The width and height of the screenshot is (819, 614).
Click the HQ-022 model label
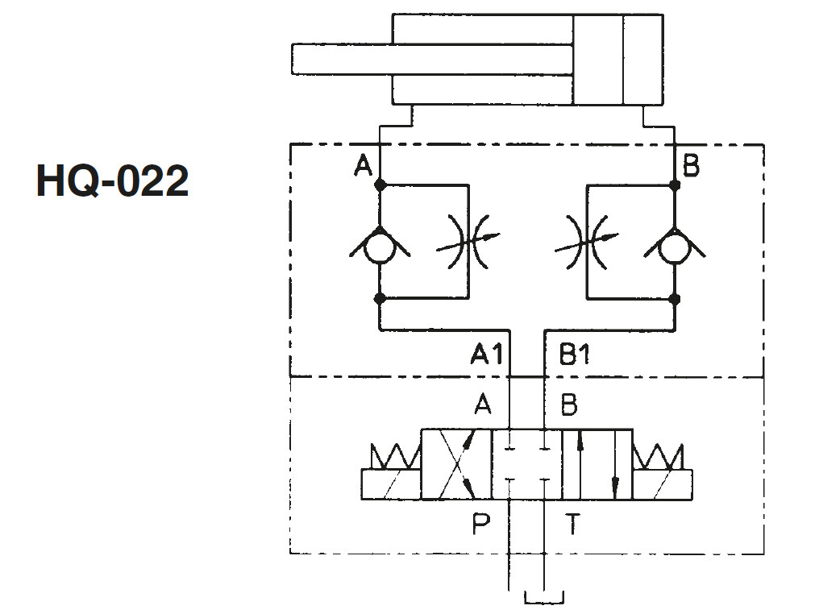112,180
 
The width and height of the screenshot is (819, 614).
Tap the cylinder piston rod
433,59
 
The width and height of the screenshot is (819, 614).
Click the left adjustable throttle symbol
468,241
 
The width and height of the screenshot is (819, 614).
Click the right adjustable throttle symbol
587,241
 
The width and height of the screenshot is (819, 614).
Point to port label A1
486,354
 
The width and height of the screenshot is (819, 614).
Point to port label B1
574,354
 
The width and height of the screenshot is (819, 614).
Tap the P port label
481,525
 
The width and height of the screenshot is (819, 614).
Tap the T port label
573,525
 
